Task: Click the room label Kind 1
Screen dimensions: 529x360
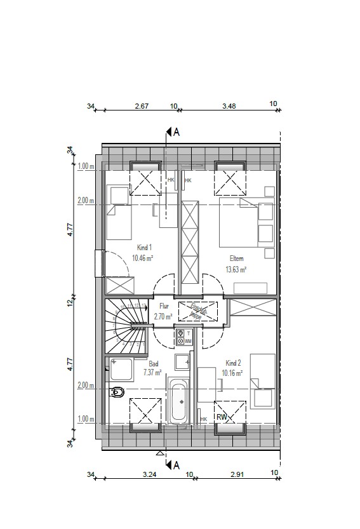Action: coord(144,248)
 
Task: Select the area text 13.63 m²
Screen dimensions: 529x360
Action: coord(236,269)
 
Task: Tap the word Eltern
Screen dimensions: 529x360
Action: coord(236,258)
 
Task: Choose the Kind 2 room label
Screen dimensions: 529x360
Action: coord(233,363)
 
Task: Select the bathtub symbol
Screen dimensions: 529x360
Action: coord(180,401)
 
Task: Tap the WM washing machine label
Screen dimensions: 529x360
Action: coord(189,341)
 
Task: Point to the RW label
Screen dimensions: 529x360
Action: coord(222,417)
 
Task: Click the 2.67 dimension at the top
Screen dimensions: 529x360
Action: coord(142,106)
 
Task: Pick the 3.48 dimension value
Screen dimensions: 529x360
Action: coord(229,106)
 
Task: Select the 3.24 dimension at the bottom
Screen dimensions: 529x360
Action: coord(150,474)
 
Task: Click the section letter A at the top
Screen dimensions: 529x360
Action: coord(177,132)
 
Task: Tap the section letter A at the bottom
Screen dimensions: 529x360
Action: coord(177,463)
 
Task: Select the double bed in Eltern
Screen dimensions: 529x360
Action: coord(239,222)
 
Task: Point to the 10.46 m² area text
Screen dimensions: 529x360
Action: coord(143,258)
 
